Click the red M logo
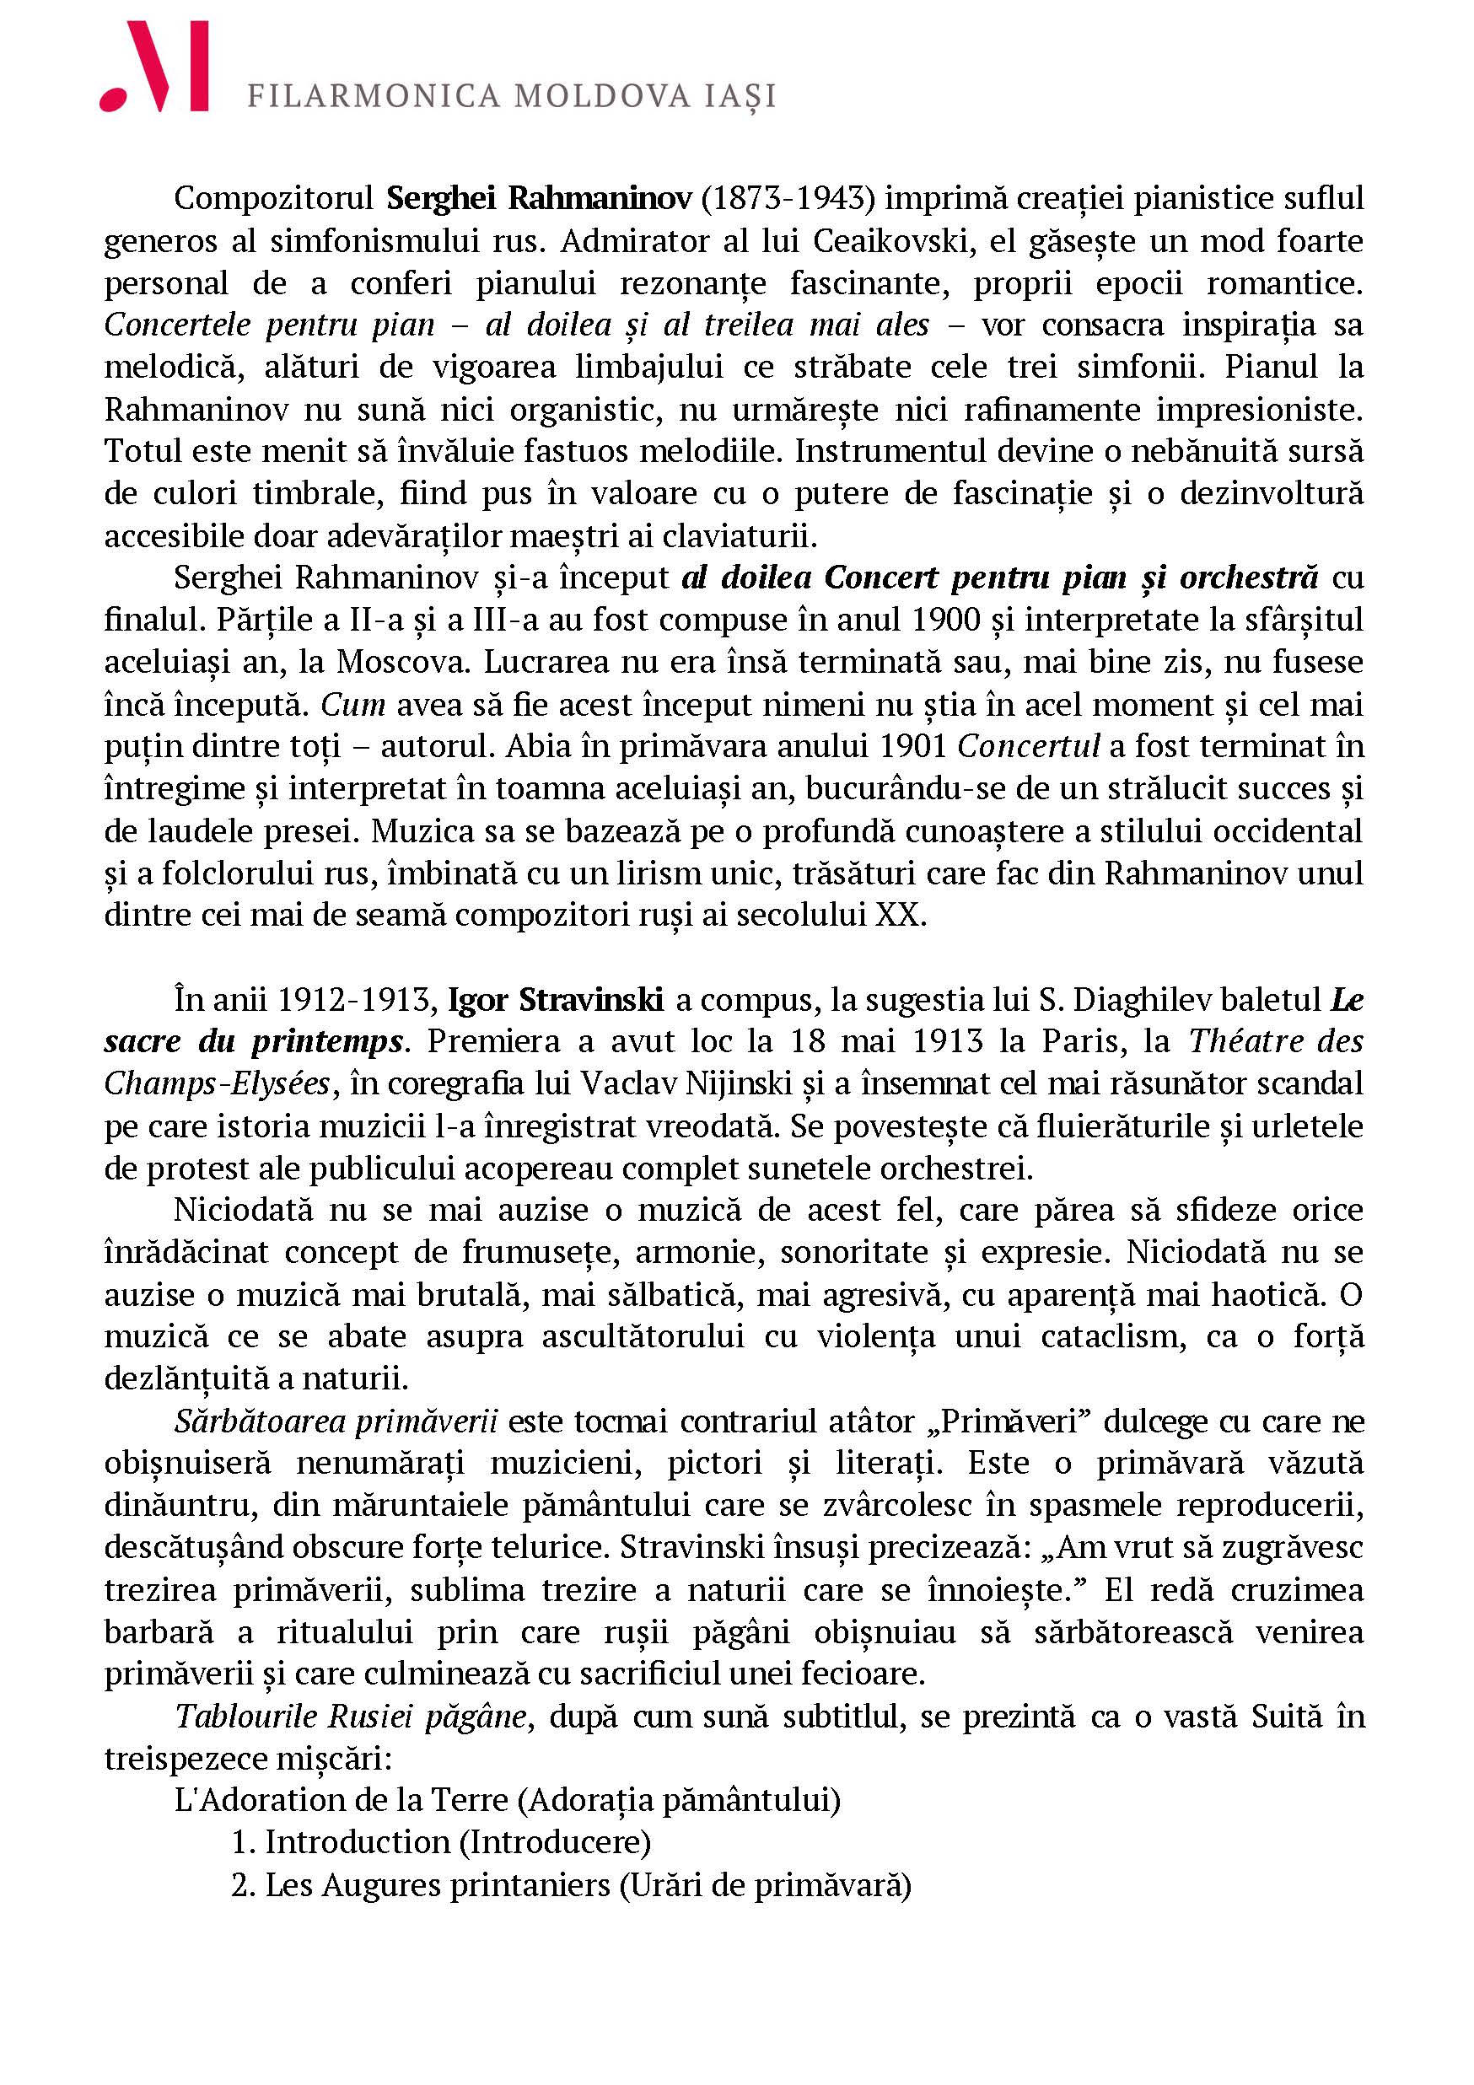pos(154,67)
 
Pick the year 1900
pos(944,621)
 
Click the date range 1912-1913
pos(352,1000)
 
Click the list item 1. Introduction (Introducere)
pos(441,1841)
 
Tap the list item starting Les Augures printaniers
pos(570,1885)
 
